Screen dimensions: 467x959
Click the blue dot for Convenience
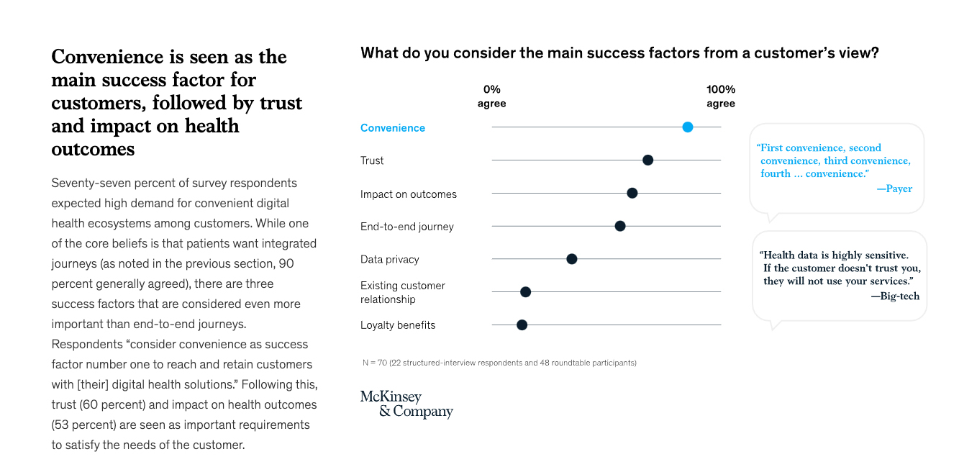coord(687,127)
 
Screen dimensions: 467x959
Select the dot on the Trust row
coord(647,160)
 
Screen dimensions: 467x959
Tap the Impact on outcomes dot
coord(632,193)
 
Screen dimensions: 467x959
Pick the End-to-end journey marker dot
coord(620,226)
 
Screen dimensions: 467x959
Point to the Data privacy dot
coord(571,259)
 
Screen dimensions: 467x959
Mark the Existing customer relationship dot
coord(525,292)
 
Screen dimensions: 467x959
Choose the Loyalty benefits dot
coord(522,325)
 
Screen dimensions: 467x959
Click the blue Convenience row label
coord(393,128)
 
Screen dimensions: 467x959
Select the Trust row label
coord(372,160)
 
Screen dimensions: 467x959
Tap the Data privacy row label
coord(389,259)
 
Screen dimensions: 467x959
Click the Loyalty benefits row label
coord(398,325)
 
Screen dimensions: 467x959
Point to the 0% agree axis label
coord(491,96)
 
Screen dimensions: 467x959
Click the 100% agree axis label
coord(720,96)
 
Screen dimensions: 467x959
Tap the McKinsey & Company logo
coord(406,404)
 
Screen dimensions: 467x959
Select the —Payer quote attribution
coord(894,189)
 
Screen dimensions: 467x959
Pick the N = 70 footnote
coord(499,363)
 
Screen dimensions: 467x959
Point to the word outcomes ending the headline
coord(93,149)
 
